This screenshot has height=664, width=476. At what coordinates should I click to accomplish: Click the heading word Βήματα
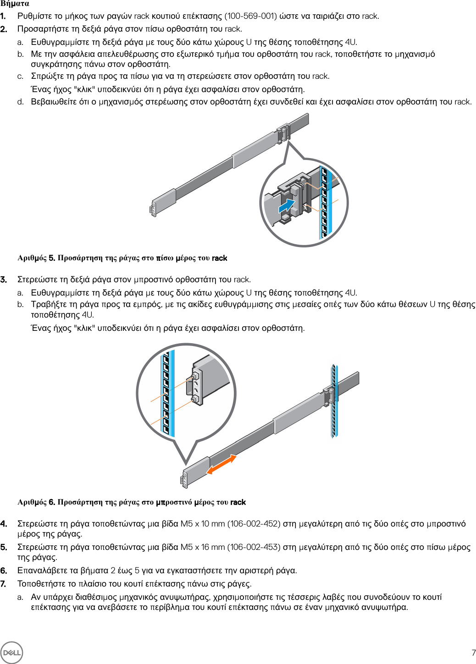[15, 4]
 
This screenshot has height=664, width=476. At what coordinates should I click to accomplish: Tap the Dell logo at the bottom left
[11, 652]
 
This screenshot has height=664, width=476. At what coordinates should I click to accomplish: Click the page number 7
[473, 653]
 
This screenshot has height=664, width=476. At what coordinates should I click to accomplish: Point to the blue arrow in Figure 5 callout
[287, 205]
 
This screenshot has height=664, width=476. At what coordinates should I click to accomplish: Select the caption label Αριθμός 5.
[36, 258]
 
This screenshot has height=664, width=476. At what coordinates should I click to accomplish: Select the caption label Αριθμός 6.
[36, 502]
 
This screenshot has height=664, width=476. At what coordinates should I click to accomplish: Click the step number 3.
[4, 280]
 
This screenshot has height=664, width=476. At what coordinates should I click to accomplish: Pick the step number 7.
[4, 584]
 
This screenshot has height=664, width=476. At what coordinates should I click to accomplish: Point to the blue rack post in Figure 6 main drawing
[334, 401]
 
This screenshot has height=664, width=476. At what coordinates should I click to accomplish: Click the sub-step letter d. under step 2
[21, 102]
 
